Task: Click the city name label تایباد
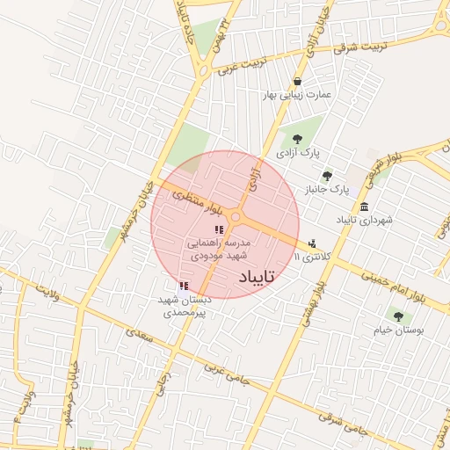pos(258,277)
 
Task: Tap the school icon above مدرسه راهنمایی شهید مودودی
pos(219,229)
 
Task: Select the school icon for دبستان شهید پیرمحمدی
pos(183,286)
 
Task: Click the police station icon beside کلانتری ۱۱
pos(311,243)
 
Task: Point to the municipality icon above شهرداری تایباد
pos(364,205)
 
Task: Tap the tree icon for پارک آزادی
pos(296,138)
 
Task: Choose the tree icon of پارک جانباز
pos(327,175)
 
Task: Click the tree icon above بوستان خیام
pos(398,316)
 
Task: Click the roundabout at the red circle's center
pos(236,218)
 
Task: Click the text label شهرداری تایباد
pos(364,220)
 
